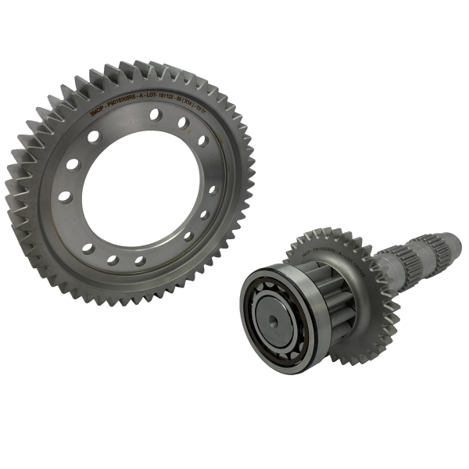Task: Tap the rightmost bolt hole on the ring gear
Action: pyautogui.click(x=213, y=189)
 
